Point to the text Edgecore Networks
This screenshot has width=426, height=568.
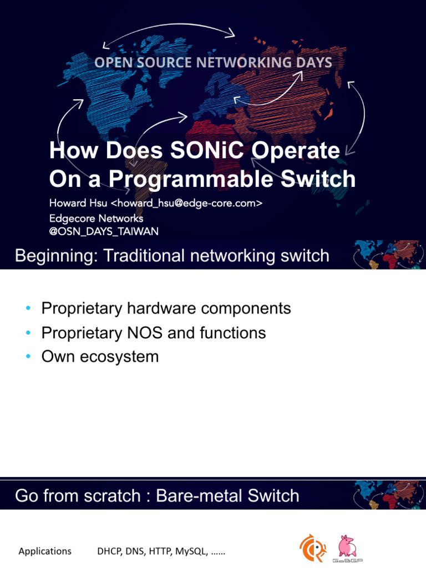[96, 218]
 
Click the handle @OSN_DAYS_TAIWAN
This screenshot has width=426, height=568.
[104, 232]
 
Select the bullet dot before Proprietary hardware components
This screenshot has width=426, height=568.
[28, 308]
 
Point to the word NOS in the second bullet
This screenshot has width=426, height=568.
[145, 333]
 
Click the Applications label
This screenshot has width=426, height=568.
[45, 551]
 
